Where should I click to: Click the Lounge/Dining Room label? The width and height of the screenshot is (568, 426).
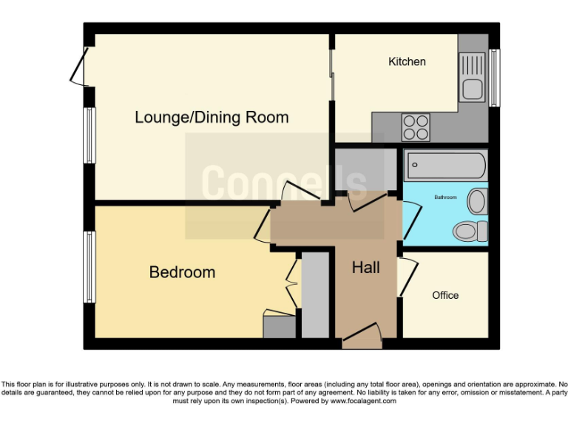(x=212, y=118)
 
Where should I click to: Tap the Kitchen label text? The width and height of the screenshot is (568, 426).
(x=407, y=61)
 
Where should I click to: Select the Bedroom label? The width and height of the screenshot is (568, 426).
(x=182, y=272)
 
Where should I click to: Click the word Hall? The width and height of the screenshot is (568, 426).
(x=366, y=267)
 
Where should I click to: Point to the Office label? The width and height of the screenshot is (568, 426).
(x=445, y=295)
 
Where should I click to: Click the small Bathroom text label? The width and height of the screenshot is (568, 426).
(x=445, y=197)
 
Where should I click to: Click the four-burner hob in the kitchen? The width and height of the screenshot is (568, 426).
(x=416, y=126)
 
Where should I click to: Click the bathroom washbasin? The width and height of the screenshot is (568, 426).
(x=479, y=200)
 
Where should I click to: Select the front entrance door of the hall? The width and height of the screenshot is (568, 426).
(x=362, y=337)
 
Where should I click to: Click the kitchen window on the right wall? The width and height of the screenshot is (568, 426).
(x=494, y=78)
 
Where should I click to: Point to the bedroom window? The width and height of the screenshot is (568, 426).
(x=89, y=267)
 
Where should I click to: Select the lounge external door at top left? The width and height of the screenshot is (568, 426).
(x=80, y=67)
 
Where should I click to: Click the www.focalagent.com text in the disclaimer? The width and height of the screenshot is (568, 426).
(x=363, y=401)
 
